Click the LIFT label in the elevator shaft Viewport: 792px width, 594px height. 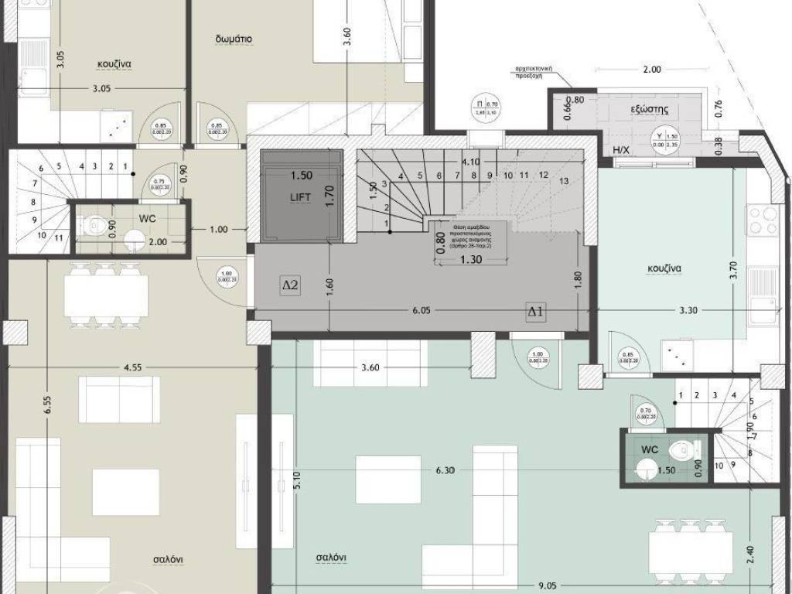300,198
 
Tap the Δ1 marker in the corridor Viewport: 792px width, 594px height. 535,311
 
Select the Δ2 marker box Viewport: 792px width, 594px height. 290,285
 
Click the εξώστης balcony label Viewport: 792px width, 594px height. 649,110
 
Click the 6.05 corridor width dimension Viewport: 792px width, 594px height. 421,310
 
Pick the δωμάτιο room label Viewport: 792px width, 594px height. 233,39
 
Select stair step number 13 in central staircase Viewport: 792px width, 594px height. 562,181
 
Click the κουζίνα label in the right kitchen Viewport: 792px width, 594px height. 664,270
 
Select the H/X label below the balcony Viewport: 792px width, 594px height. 620,149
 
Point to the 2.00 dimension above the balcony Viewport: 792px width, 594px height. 651,70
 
